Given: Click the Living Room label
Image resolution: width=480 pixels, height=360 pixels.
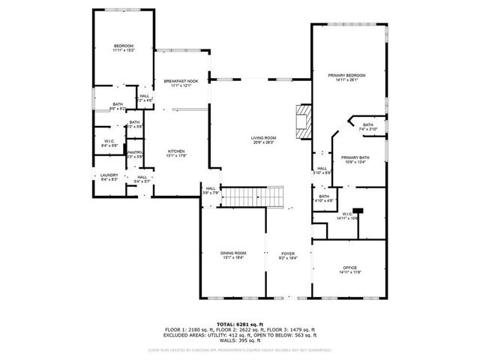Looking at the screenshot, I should [x=263, y=138].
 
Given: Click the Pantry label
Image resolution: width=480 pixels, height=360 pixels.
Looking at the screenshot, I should [x=134, y=152].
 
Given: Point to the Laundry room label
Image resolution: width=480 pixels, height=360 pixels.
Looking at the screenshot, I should [x=109, y=175].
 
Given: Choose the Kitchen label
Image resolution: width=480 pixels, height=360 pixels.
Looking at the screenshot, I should [x=176, y=151].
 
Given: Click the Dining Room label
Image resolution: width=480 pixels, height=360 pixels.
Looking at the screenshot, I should [x=233, y=253].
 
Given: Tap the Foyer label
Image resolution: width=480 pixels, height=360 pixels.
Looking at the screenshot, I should [x=288, y=253].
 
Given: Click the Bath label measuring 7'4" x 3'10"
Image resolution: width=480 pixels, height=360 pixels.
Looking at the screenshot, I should [x=367, y=125].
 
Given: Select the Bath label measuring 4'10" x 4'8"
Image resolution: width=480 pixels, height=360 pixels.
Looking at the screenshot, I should [x=324, y=196].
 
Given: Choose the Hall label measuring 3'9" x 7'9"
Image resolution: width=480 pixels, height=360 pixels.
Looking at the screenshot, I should [x=211, y=189].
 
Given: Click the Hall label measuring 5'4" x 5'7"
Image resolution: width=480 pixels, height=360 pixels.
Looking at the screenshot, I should [x=142, y=177].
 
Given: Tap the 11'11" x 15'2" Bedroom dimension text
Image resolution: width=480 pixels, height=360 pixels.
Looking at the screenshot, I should [x=123, y=51].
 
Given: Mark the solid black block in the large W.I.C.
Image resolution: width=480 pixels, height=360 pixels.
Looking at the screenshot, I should [x=358, y=211].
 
